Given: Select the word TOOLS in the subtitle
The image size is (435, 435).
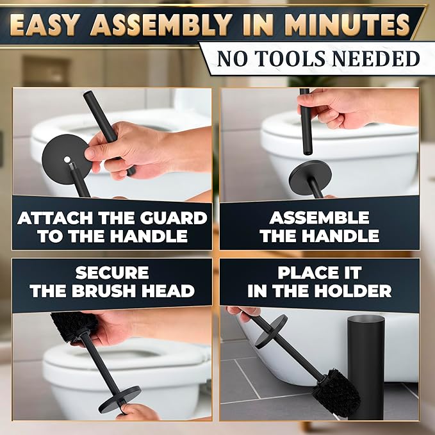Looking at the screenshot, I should (x=284, y=58).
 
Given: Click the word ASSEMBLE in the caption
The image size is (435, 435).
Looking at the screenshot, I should (x=319, y=218).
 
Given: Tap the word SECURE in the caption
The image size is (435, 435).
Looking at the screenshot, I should (x=112, y=273).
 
